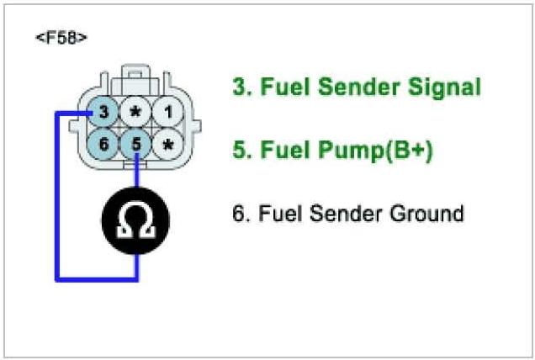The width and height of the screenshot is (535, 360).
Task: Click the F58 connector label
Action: [61, 40]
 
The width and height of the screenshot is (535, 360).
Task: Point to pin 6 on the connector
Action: [103, 144]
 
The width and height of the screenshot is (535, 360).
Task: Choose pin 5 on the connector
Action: [135, 144]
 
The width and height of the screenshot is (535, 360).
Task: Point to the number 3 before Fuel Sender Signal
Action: [238, 87]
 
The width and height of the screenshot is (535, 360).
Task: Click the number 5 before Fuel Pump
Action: [238, 151]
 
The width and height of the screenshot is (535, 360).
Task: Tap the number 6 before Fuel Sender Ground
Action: [238, 213]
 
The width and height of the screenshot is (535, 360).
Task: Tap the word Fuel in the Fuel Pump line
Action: [280, 151]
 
